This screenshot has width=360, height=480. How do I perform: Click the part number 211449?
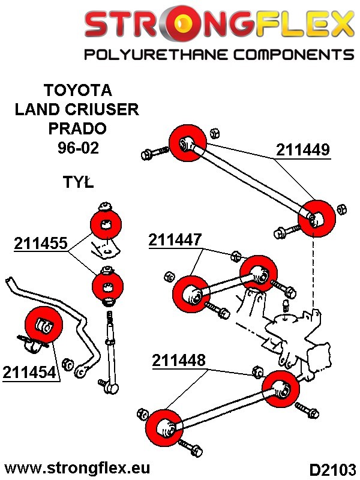303,149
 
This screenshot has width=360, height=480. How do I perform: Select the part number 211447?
175,241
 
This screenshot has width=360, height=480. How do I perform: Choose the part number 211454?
29,372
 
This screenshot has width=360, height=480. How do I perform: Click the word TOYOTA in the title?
77,90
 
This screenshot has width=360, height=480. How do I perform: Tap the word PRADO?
77,128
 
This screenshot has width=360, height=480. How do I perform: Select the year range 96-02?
77,148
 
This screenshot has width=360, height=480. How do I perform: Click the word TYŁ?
78,182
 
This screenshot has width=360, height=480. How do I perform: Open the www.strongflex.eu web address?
77,467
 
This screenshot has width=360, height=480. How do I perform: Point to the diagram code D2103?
332,468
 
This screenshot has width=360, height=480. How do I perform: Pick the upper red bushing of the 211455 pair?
106,224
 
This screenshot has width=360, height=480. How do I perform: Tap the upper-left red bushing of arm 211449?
188,143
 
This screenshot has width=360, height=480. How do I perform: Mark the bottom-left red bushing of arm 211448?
164,428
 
